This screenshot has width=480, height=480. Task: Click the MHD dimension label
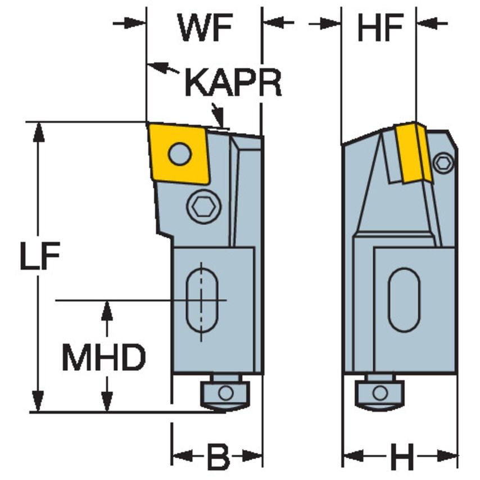[x=103, y=357]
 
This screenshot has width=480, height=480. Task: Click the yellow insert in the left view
[x=179, y=153]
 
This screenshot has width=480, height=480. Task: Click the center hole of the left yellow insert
[x=180, y=153]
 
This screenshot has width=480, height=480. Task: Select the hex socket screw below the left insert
[x=203, y=207]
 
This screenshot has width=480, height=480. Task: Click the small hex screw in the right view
[x=444, y=163]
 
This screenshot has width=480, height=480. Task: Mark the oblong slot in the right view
[x=404, y=300]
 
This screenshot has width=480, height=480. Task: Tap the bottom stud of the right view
[x=380, y=392]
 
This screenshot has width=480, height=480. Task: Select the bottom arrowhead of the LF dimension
[x=38, y=402]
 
